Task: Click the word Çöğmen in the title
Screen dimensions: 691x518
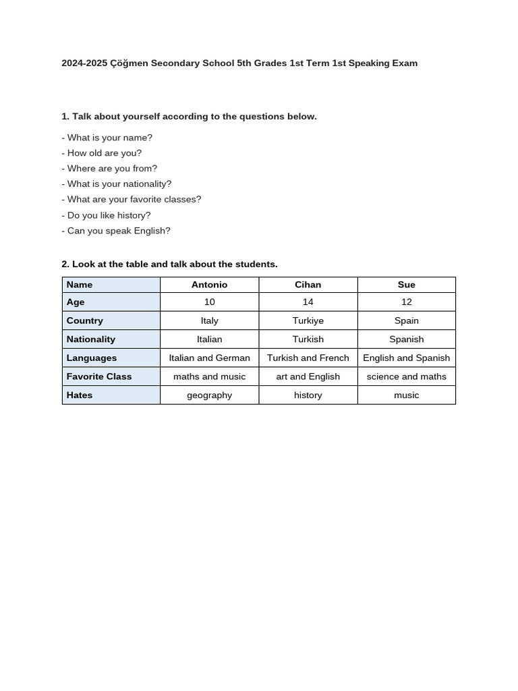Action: point(129,63)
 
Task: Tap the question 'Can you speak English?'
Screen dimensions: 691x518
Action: point(116,231)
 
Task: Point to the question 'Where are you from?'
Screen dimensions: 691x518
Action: point(109,169)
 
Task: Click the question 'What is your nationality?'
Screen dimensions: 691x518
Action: point(117,184)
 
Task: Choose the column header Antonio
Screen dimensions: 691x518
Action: point(209,285)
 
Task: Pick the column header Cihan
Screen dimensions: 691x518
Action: point(308,285)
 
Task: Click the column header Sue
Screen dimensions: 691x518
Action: point(406,285)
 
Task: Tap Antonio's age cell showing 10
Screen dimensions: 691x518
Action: point(209,302)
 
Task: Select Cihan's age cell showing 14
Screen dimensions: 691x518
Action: point(308,302)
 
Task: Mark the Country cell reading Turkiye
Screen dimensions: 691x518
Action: point(308,321)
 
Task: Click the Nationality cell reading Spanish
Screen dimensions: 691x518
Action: point(406,339)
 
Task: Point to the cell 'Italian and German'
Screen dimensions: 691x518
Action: point(209,358)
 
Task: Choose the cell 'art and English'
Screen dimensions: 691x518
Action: point(308,377)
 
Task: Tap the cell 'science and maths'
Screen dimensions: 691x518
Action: point(406,377)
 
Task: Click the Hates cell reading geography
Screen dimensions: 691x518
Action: point(209,395)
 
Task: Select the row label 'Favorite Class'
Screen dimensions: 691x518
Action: point(99,377)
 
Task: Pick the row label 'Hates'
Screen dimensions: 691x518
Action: point(80,395)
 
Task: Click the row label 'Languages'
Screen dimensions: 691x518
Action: point(92,358)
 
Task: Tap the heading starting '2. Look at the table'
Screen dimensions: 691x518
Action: point(169,265)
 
